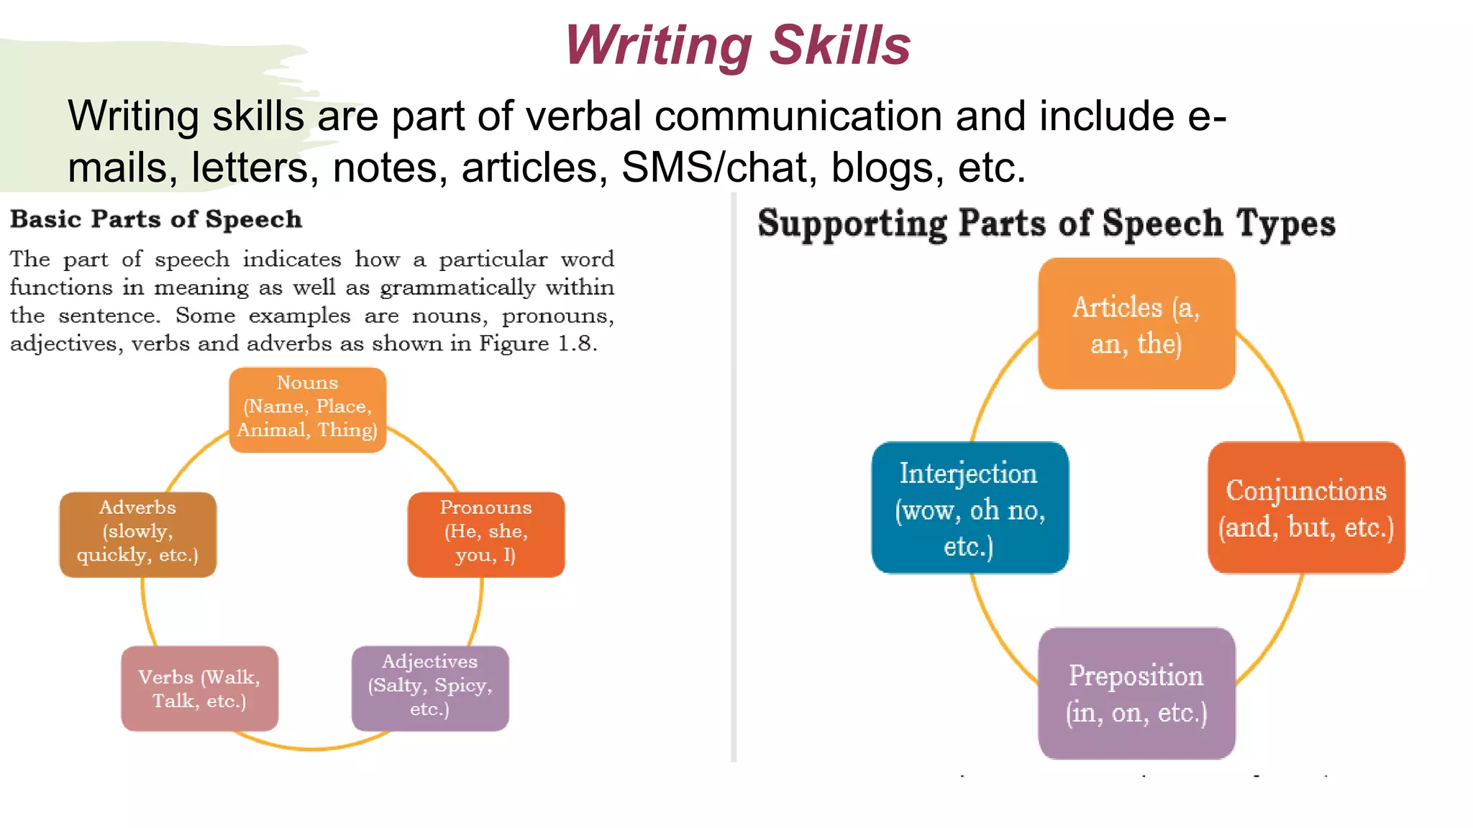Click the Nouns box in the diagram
(x=308, y=410)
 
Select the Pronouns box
(x=486, y=534)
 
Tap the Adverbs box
(x=137, y=534)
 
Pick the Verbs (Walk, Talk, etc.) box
(x=199, y=689)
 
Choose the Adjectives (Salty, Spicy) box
(x=430, y=688)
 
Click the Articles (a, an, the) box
(x=1136, y=324)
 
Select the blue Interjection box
(x=970, y=507)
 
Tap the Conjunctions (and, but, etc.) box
(x=1306, y=507)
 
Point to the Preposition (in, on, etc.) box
(x=1136, y=693)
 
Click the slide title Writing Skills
(x=738, y=45)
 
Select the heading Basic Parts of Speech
(x=156, y=219)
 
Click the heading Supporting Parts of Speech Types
(x=1046, y=223)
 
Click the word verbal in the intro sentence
(x=593, y=116)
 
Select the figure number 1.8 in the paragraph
(x=577, y=344)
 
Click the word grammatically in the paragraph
(x=457, y=287)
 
